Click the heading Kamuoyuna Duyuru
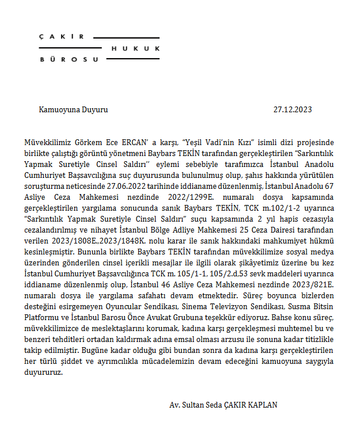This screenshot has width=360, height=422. (73, 109)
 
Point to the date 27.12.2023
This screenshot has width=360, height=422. (293, 109)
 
